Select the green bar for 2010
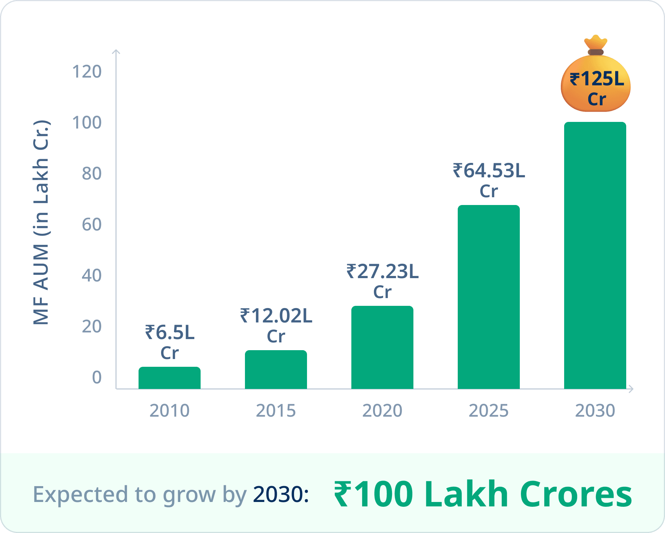pos(170,378)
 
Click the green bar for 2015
pos(276,369)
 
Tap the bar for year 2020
pos(382,347)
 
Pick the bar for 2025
pos(489,297)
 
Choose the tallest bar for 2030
pos(595,255)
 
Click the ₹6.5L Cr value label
pos(170,342)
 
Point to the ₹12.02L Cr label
pos(276,325)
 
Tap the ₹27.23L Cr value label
pos(382,281)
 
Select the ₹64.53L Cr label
pos(489,180)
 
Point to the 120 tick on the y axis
pos(87,72)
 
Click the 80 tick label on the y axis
pos(92,174)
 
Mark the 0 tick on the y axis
pos(97,377)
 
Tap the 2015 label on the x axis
pos(276,411)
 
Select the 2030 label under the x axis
pos(595,411)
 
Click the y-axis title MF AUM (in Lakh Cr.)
pos(41,222)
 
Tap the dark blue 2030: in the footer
pos(281,494)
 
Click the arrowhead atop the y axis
pos(116,52)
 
